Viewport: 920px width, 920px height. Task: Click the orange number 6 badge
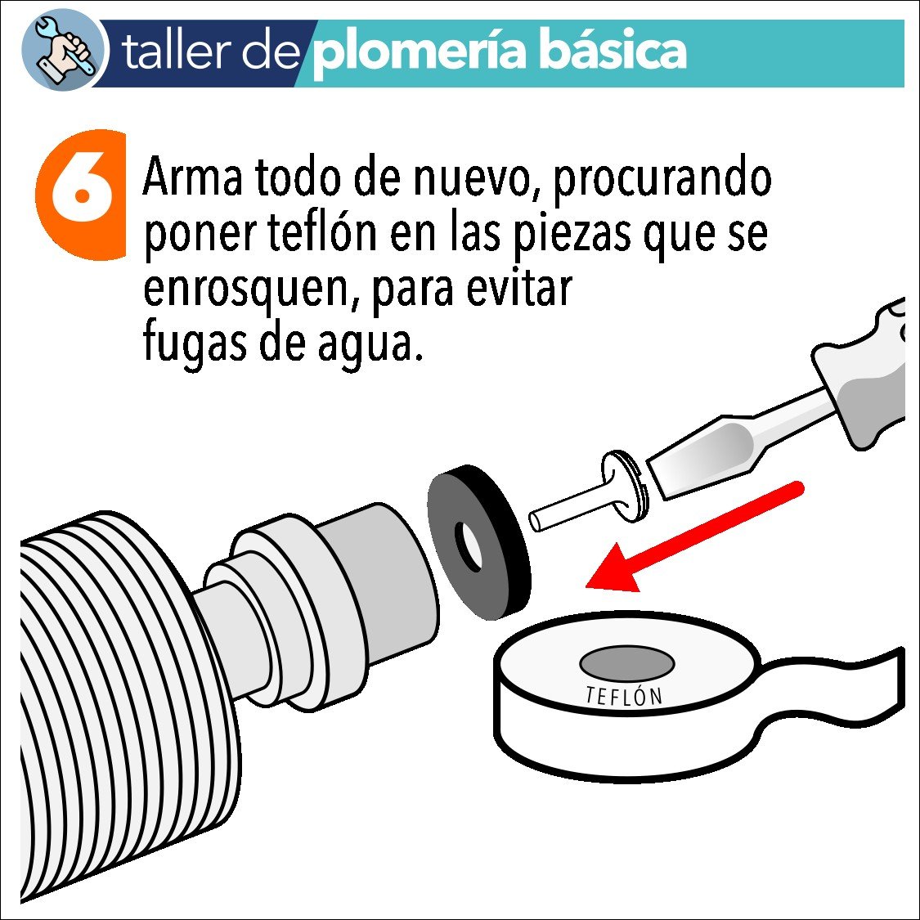point(82,195)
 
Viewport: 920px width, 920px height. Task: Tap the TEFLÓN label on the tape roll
point(623,696)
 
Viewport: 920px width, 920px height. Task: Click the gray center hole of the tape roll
point(626,662)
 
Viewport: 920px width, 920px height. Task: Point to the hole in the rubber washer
point(472,547)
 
